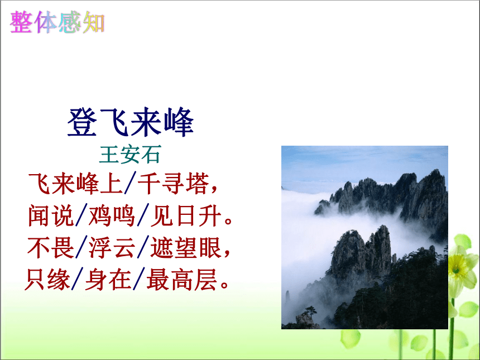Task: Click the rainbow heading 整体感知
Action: pos(57,22)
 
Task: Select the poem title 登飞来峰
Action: pos(131,122)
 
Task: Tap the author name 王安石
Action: pos(130,154)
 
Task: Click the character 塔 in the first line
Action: pos(198,184)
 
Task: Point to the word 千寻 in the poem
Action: pos(161,184)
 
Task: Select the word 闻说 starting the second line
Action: pos(51,215)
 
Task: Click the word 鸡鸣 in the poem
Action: pos(112,215)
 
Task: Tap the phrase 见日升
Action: pos(186,215)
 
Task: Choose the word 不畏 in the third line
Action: pos(51,247)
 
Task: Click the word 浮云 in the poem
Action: pos(112,247)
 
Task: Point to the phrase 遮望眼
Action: pos(186,247)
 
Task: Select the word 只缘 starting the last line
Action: pos(48,279)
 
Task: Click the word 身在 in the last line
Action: pos(108,279)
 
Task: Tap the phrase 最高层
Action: pos(182,279)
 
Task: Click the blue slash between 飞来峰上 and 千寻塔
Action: pos(130,184)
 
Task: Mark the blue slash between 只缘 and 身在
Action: pos(78,279)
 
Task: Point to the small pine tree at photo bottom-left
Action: pos(310,312)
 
